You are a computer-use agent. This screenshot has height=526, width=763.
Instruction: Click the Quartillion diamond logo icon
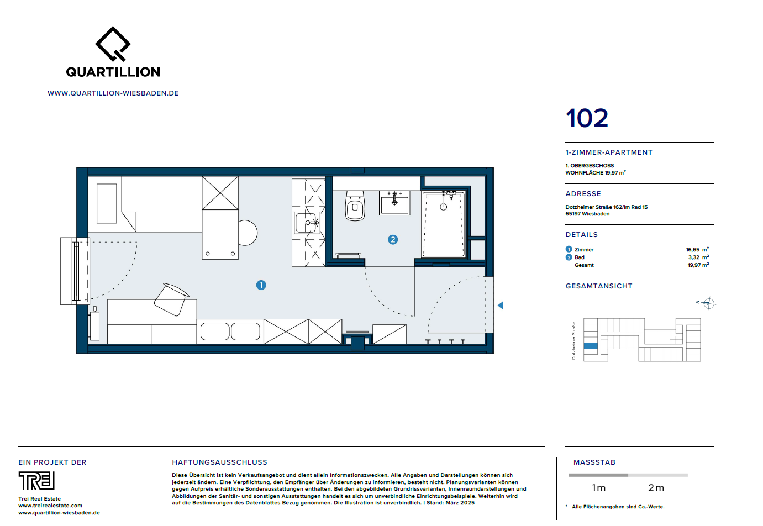[113, 44]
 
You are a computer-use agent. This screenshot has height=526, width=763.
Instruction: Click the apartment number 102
[587, 118]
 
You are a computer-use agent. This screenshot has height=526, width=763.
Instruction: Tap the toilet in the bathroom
[355, 207]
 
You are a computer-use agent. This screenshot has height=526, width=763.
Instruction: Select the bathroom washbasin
[394, 203]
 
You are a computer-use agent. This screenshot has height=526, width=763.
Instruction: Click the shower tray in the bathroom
[444, 224]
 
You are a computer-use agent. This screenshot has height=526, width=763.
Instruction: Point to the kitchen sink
[306, 223]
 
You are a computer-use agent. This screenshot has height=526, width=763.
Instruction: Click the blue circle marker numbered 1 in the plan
[261, 285]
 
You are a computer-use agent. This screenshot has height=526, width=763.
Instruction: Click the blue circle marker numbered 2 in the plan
[393, 239]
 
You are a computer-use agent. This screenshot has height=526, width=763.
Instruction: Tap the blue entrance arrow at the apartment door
[501, 305]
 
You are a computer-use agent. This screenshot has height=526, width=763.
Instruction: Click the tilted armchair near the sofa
[171, 299]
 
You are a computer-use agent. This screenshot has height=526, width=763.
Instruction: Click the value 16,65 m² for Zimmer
[697, 250]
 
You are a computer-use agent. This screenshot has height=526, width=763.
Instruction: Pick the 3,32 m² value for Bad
[698, 257]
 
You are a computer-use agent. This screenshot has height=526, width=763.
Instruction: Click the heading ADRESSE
[583, 194]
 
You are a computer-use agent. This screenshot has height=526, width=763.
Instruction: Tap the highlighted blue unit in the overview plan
[591, 346]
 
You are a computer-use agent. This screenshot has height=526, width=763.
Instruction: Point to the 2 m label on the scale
[656, 488]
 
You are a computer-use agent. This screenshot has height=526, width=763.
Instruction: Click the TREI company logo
[36, 481]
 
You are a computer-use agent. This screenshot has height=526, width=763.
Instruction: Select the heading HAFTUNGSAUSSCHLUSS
[219, 462]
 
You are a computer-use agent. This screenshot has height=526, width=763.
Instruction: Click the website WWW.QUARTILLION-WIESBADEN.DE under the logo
[113, 93]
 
